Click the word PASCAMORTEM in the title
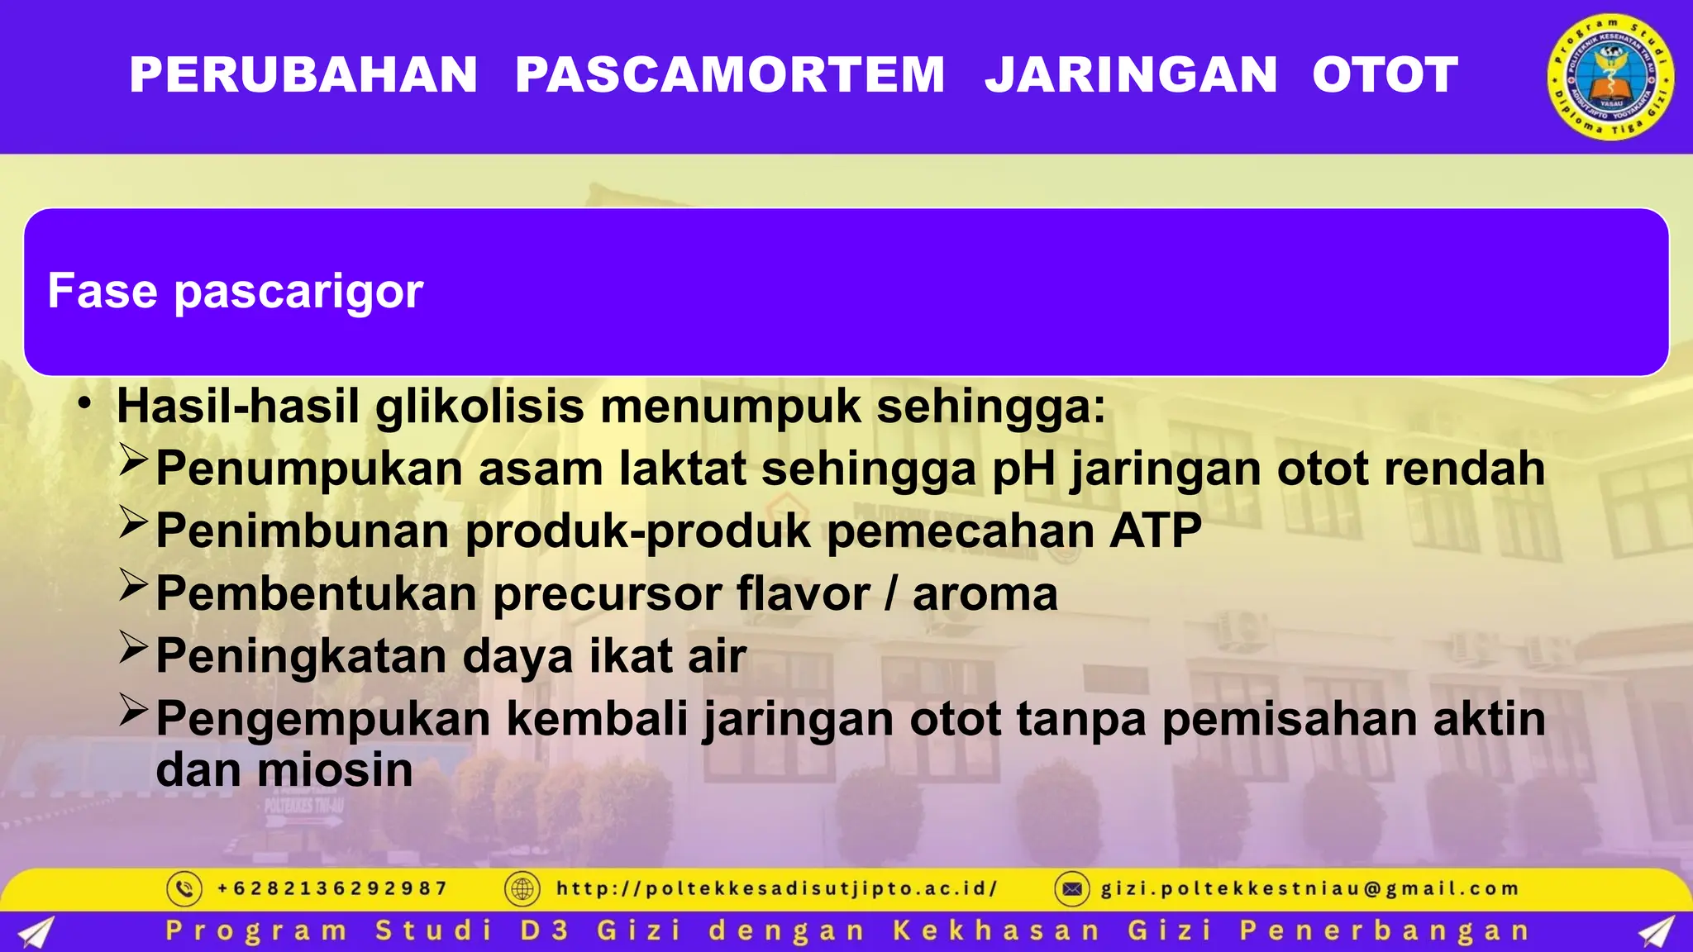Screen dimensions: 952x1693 pyautogui.click(x=730, y=75)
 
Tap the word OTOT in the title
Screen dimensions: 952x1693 pyautogui.click(x=1385, y=75)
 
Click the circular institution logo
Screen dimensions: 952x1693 pyautogui.click(x=1610, y=77)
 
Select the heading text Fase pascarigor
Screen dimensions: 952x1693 pyautogui.click(x=236, y=291)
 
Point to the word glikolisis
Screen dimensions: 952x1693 pyautogui.click(x=479, y=407)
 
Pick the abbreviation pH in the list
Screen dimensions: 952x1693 pyautogui.click(x=1023, y=469)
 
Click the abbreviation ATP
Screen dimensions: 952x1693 pyautogui.click(x=1155, y=531)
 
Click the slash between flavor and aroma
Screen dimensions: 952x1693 pyautogui.click(x=890, y=593)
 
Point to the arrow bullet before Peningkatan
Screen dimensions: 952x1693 pyautogui.click(x=133, y=647)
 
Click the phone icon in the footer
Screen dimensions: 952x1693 pyautogui.click(x=184, y=889)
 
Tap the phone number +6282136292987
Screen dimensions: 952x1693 pyautogui.click(x=332, y=889)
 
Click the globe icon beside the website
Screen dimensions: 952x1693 pyautogui.click(x=522, y=889)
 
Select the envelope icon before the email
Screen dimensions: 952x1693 pyautogui.click(x=1072, y=889)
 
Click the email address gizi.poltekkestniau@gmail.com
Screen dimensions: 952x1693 pyautogui.click(x=1309, y=889)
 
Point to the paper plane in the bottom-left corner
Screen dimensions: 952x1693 pyautogui.click(x=36, y=931)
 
